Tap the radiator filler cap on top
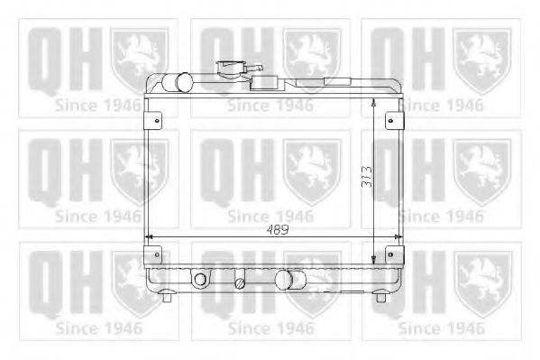(230, 68)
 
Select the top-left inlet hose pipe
(183, 81)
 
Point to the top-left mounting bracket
(154, 119)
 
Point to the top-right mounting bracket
(392, 119)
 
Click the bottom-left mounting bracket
(154, 255)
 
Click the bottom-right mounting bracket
(392, 255)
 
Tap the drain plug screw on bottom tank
(240, 282)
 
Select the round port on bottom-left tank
(200, 280)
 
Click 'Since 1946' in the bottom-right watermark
(441, 328)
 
